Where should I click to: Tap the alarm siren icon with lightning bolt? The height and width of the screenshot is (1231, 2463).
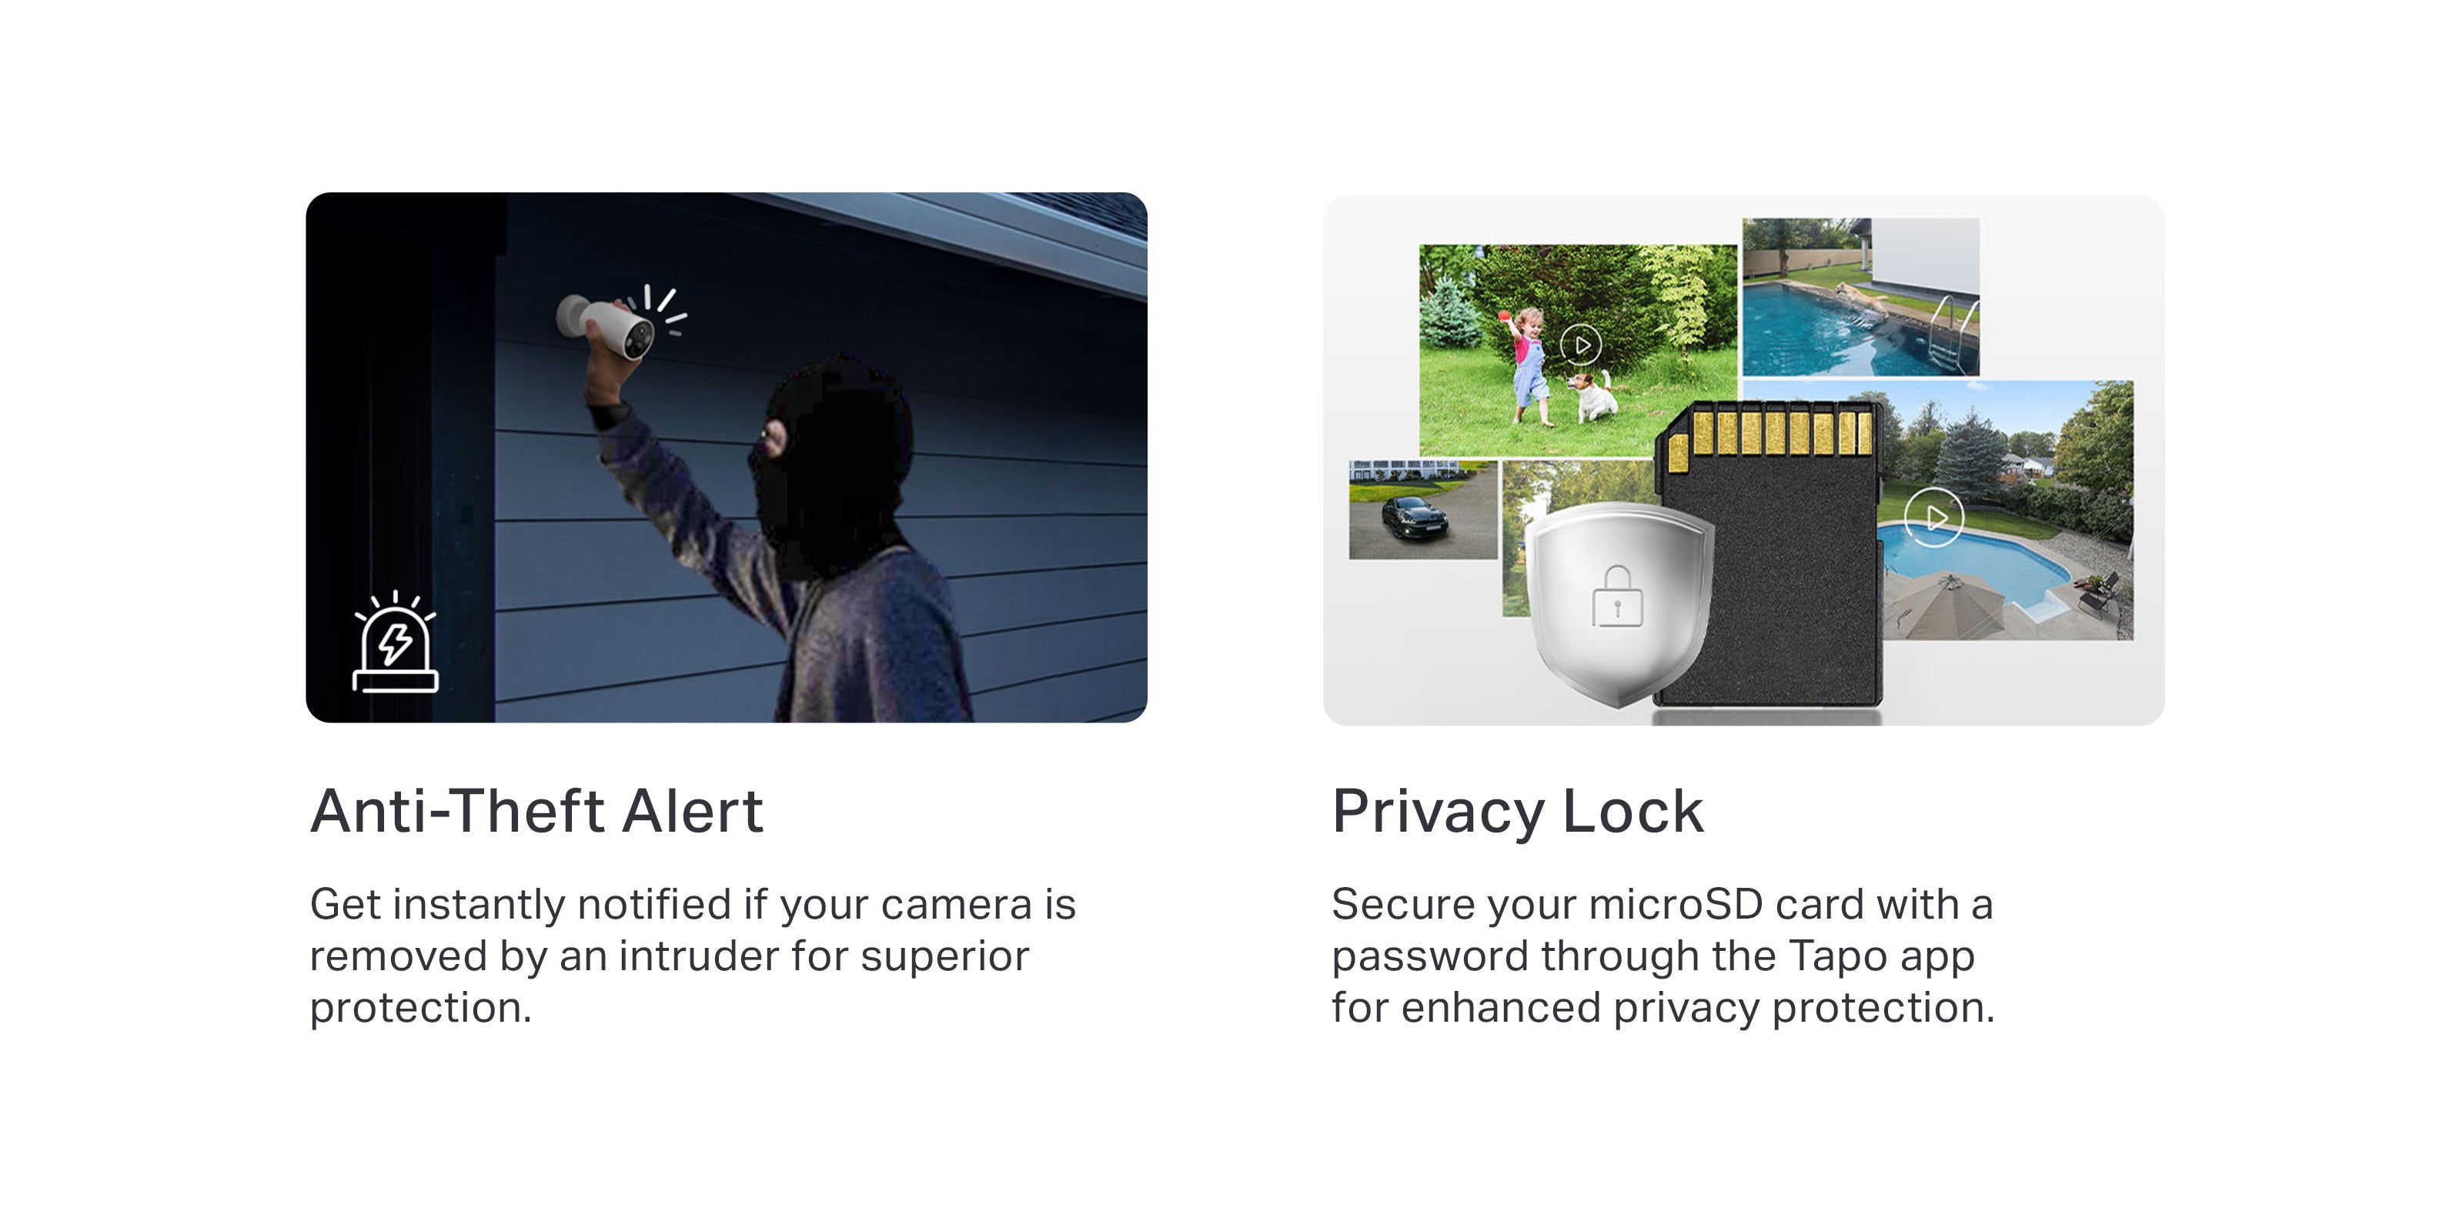coord(395,642)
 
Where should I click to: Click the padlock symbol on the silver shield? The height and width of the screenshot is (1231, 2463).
coord(1617,595)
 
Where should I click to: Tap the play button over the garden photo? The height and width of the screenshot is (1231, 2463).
coord(1580,344)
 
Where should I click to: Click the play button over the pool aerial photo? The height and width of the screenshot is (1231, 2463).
coord(1933,517)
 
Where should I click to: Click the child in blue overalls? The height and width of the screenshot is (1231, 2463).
coord(1529,364)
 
